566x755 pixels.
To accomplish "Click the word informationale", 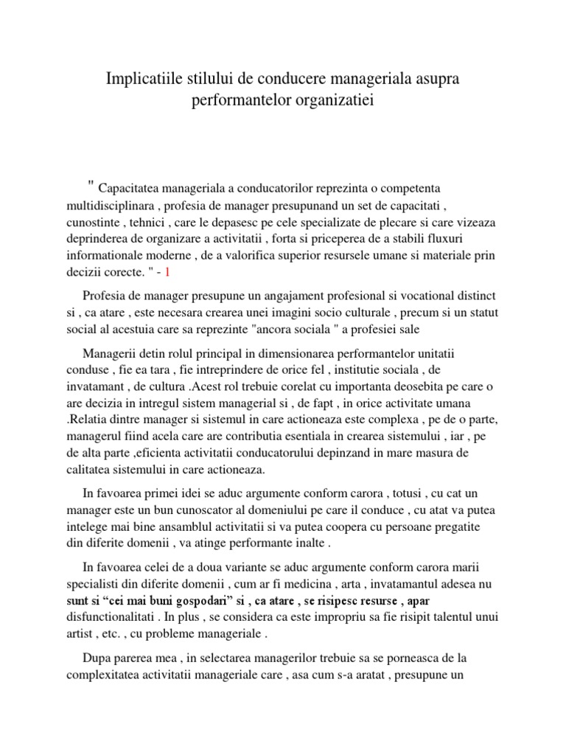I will coord(116,254).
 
